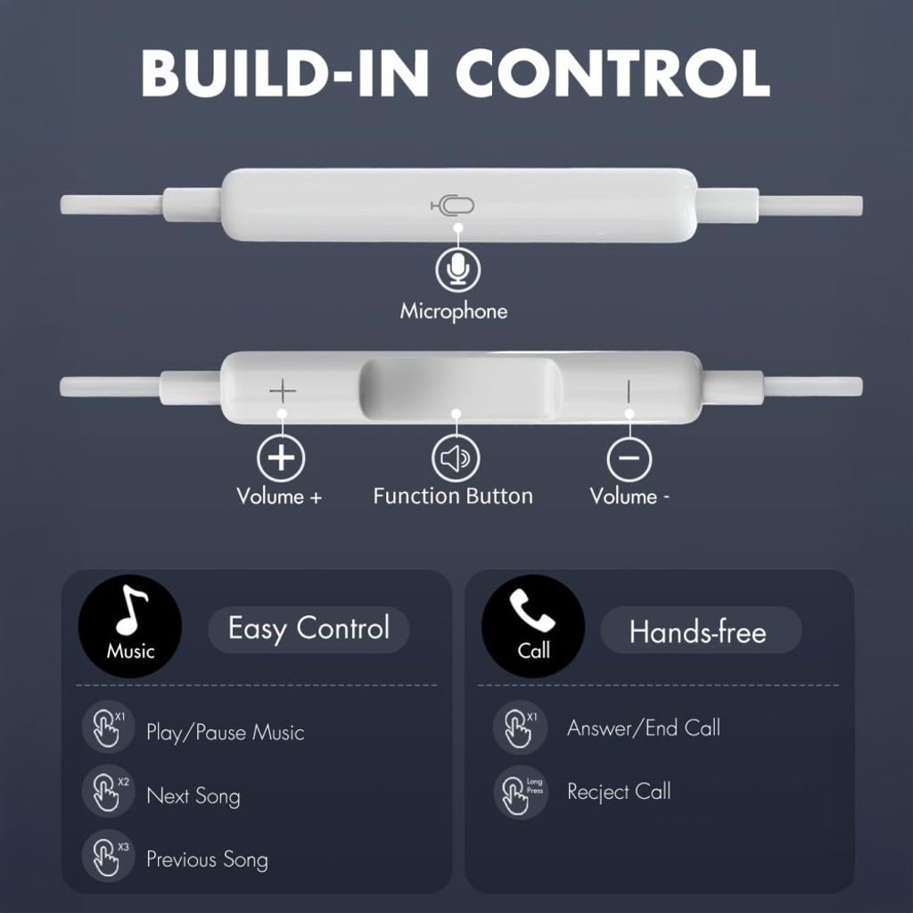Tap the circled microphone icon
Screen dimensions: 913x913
coord(457,269)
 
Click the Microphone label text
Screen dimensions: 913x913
coord(453,311)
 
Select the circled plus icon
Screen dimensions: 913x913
coord(282,457)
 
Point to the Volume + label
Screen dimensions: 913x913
coord(279,497)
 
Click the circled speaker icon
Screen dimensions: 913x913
coord(456,458)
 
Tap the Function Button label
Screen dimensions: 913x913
coord(453,497)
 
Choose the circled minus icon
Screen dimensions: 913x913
coord(629,458)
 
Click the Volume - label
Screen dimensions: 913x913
coord(629,497)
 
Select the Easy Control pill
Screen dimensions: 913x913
coord(308,629)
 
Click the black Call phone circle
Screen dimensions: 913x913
coord(533,624)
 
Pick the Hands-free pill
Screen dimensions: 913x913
coord(699,632)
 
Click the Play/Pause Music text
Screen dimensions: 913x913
coord(225,733)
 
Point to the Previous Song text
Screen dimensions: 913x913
coord(207,860)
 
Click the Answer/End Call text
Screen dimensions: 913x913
coord(643,728)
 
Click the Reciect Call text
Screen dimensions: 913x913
coord(619,792)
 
